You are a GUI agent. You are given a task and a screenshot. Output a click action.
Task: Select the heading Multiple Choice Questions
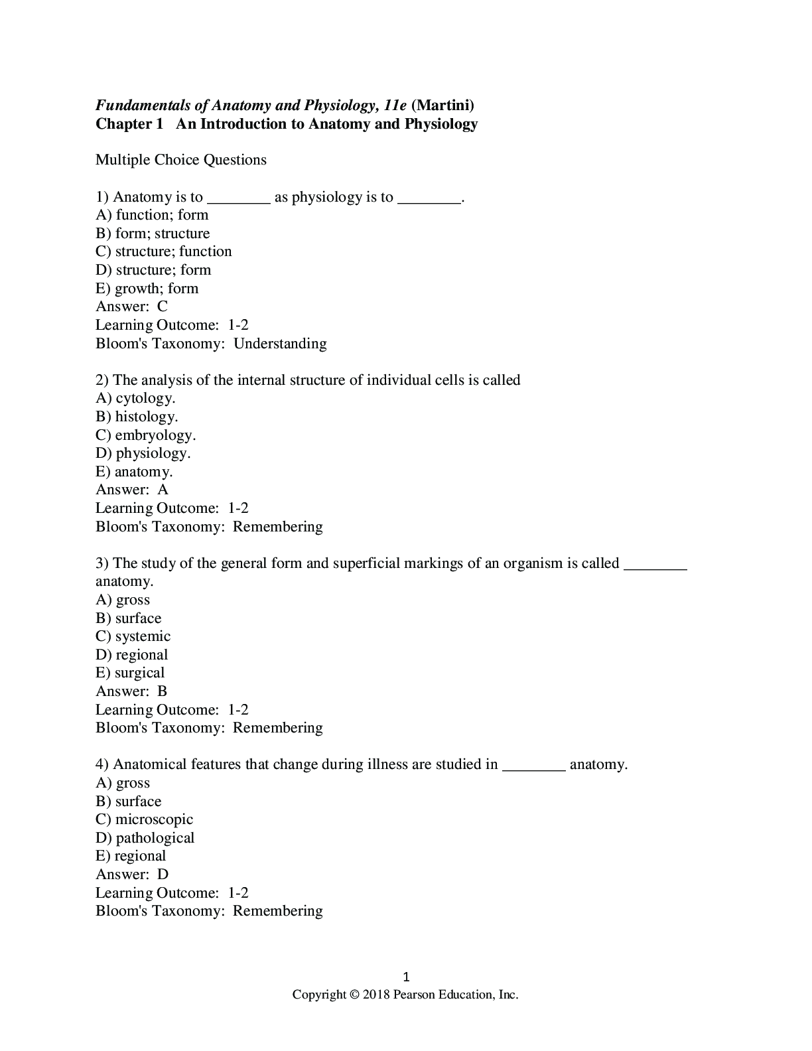(x=181, y=160)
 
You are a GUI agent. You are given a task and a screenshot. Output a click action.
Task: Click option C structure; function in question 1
(x=164, y=251)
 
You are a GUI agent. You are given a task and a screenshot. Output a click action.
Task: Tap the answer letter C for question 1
(x=163, y=307)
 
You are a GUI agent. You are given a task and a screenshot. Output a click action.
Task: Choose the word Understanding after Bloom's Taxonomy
(x=280, y=344)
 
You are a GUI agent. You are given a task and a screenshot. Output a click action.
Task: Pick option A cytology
(x=135, y=398)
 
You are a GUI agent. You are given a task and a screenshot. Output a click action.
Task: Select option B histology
(x=137, y=417)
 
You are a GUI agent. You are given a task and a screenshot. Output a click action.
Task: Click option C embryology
(x=145, y=435)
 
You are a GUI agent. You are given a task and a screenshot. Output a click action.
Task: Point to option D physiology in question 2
(x=143, y=453)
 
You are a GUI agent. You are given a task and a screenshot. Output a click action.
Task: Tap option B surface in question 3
(x=129, y=618)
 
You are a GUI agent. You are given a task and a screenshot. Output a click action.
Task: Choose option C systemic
(x=133, y=636)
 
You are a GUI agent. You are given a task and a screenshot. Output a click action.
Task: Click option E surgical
(x=130, y=673)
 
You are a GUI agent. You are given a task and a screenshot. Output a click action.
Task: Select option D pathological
(x=145, y=838)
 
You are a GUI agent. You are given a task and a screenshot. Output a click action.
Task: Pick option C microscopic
(x=145, y=819)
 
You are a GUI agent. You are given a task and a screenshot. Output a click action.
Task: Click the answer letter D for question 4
(x=163, y=875)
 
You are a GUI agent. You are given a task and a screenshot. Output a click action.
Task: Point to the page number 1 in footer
(x=407, y=977)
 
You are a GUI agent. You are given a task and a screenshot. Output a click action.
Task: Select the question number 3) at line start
(x=102, y=563)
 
